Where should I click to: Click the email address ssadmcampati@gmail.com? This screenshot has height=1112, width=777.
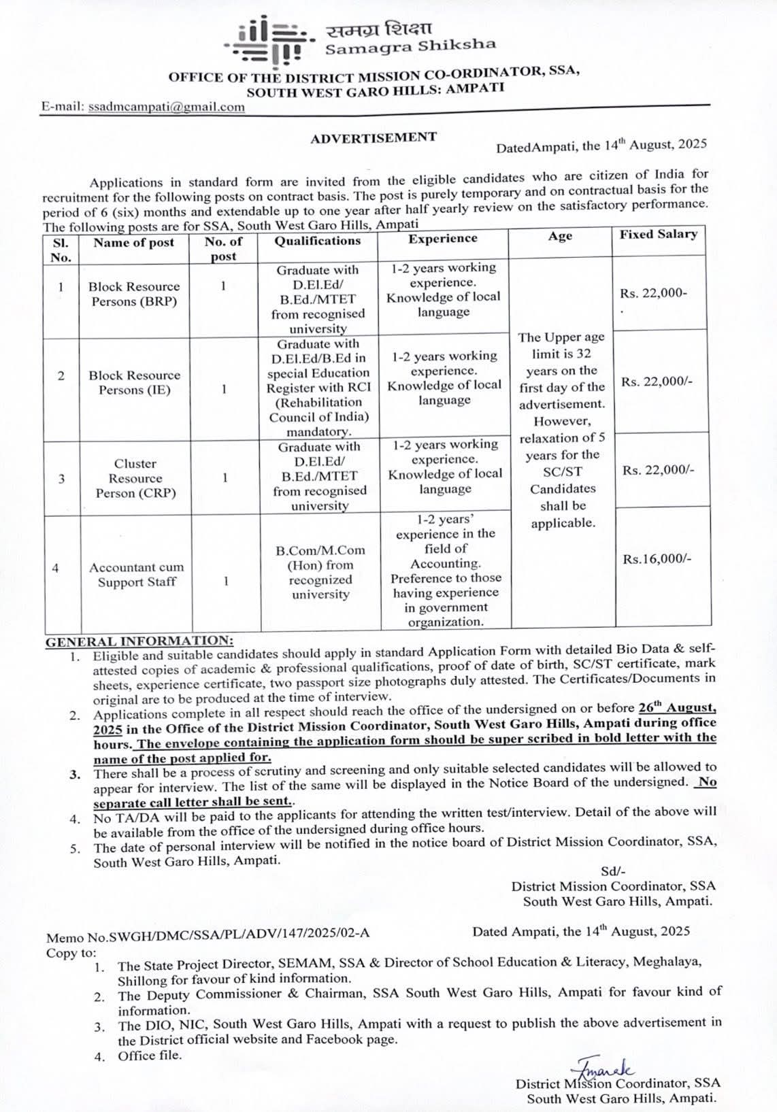tap(167, 107)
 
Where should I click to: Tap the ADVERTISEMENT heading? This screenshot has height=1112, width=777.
tap(374, 137)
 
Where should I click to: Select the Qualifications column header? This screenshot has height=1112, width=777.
tap(318, 241)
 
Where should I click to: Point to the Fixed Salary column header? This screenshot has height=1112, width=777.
tap(658, 235)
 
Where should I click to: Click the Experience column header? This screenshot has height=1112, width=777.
tap(443, 239)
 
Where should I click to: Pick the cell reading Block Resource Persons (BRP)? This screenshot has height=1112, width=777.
tap(134, 294)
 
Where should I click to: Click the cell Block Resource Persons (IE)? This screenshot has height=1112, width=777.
tap(134, 382)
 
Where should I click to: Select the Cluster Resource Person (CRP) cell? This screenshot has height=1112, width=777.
tap(135, 478)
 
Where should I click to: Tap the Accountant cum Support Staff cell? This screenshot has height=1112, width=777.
tap(136, 574)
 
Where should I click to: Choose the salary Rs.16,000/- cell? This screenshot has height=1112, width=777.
tap(657, 559)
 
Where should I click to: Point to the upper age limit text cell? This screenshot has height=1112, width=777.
tap(561, 430)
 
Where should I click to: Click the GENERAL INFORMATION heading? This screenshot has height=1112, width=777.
tap(139, 641)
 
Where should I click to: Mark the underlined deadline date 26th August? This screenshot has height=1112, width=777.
tap(676, 708)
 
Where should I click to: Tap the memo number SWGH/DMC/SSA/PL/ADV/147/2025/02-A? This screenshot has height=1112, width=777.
tap(208, 933)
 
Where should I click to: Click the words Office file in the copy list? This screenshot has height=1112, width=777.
tap(150, 1056)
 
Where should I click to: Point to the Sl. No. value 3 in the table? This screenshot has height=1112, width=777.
tap(61, 478)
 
